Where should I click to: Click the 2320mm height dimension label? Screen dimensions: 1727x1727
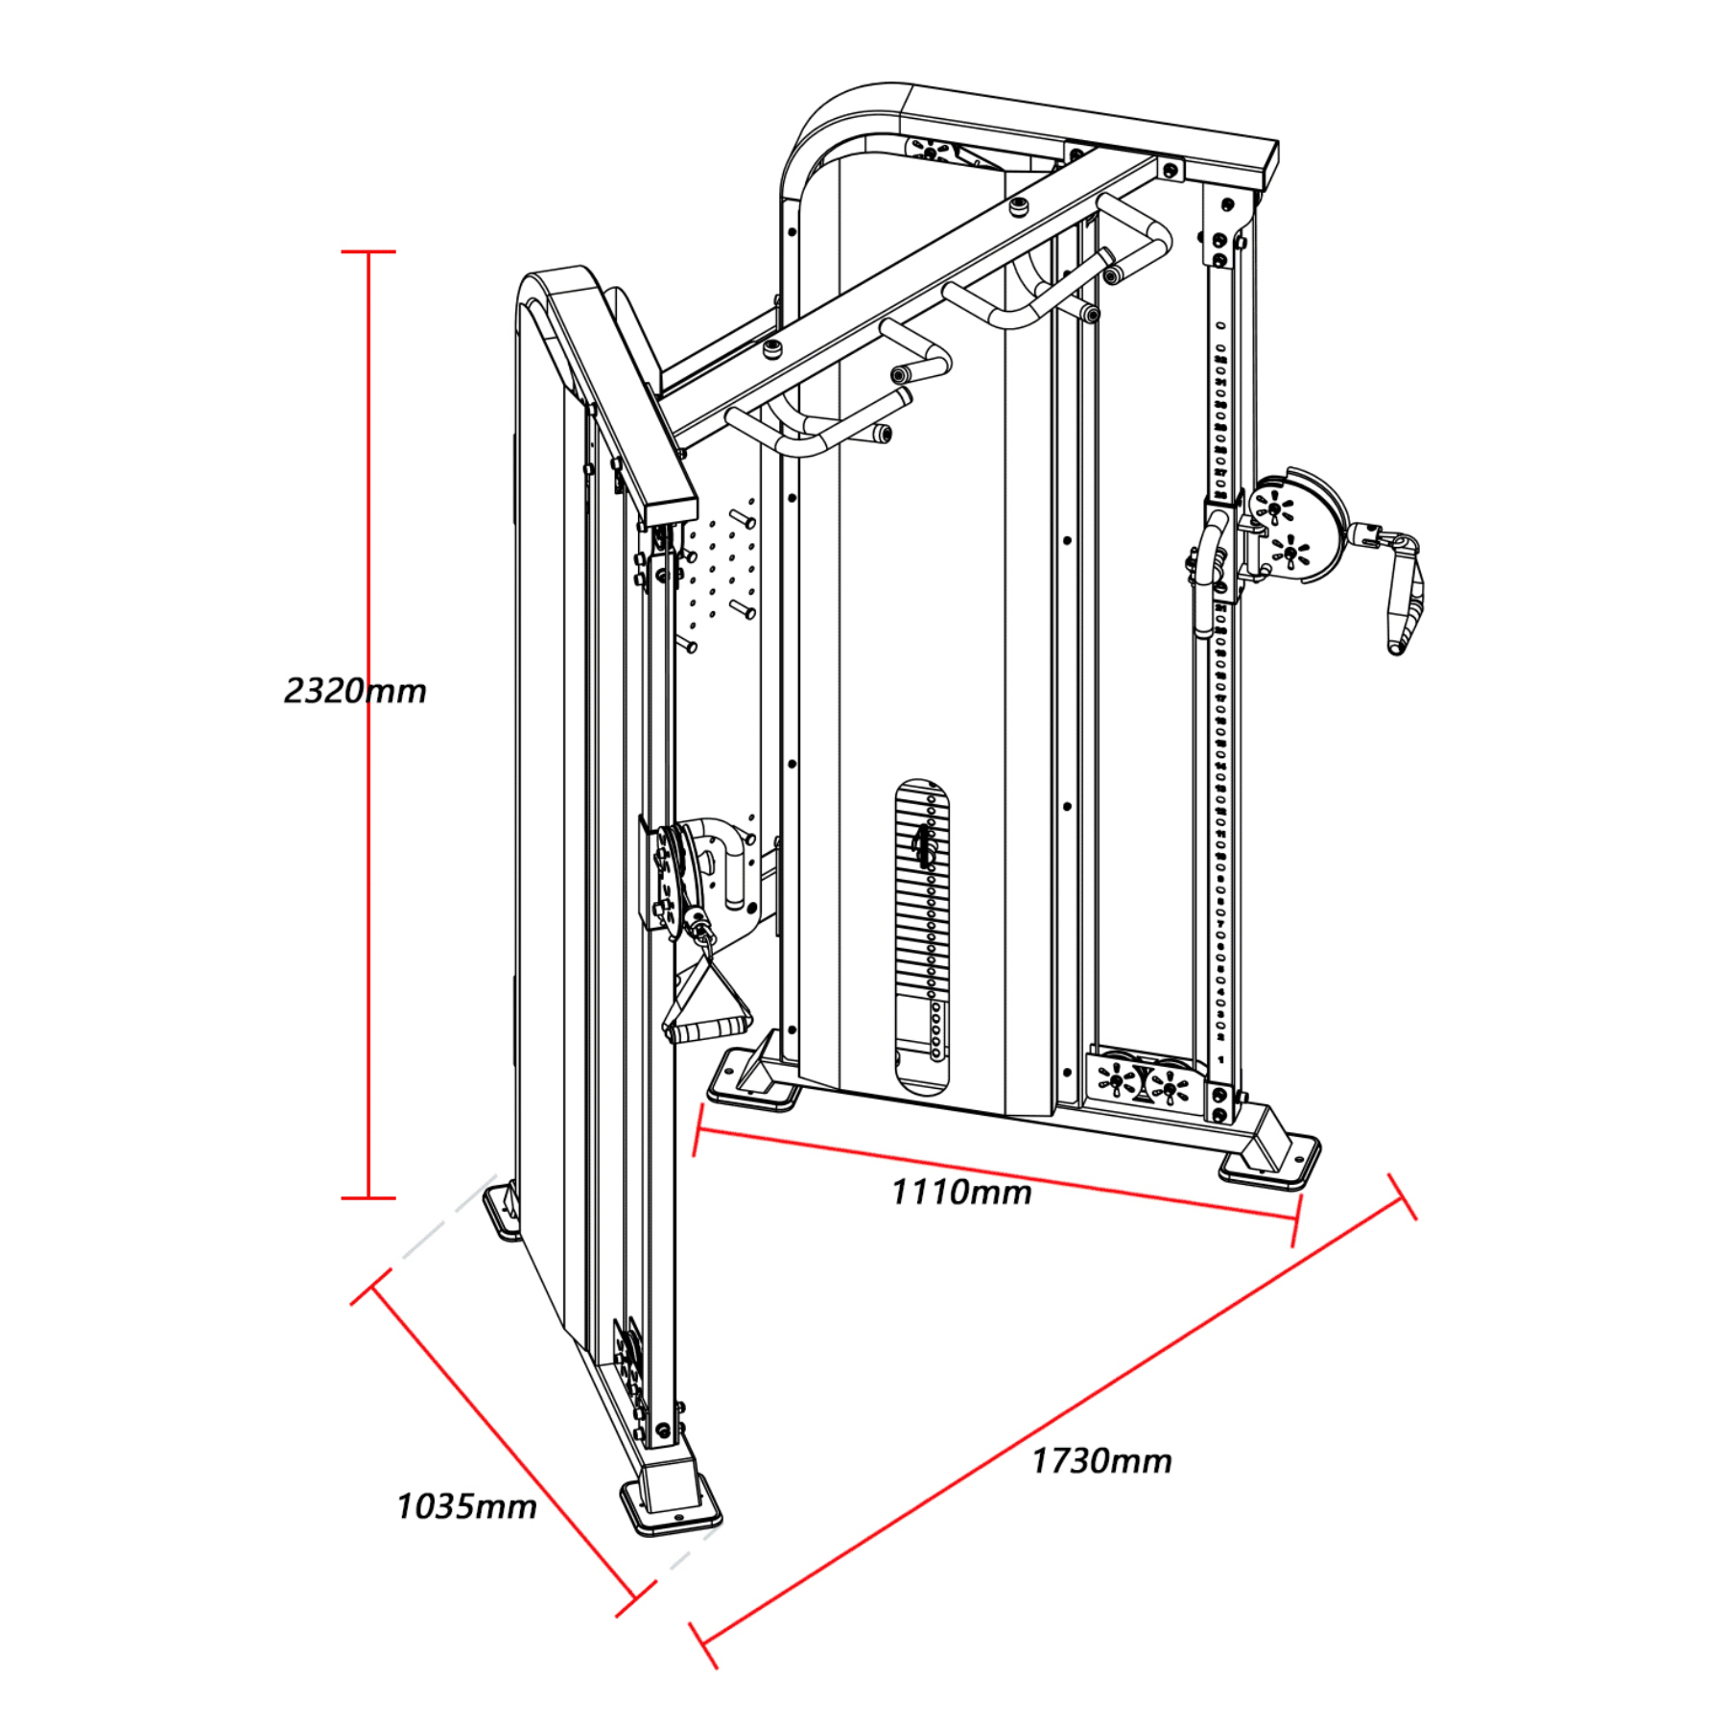pyautogui.click(x=355, y=691)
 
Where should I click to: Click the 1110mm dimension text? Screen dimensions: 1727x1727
pyautogui.click(x=961, y=1193)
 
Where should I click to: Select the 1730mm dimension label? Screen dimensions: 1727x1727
pyautogui.click(x=1101, y=1461)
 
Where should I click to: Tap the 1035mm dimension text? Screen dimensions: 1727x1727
pyautogui.click(x=466, y=1507)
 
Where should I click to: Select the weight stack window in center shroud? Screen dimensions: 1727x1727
pyautogui.click(x=923, y=935)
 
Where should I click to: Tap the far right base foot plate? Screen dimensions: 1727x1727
pyautogui.click(x=1271, y=1163)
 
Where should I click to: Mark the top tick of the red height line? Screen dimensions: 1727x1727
pyautogui.click(x=368, y=252)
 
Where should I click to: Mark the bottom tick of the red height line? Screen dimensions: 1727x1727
pyautogui.click(x=368, y=1197)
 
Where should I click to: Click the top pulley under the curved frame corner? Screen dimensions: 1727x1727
pyautogui.click(x=931, y=151)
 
